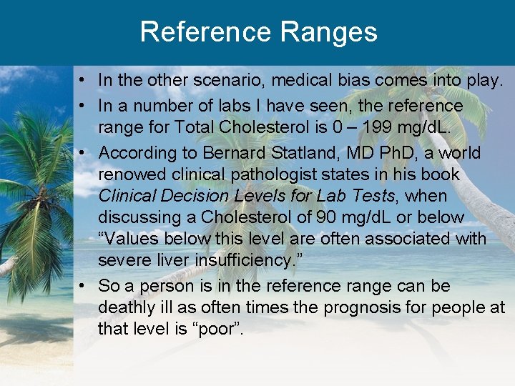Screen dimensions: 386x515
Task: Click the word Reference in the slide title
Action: point(205,32)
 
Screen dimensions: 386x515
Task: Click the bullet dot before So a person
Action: point(84,286)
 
